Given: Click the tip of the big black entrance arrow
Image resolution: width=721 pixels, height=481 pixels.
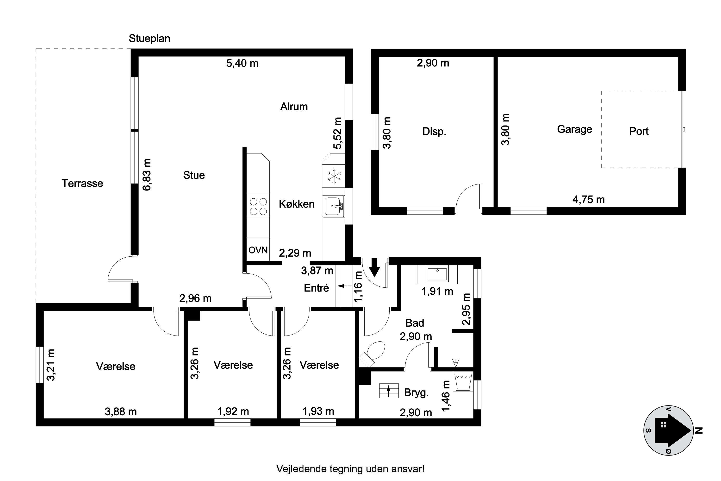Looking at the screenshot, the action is (x=374, y=277).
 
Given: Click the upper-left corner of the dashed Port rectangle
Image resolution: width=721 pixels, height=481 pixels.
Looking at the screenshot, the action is (x=602, y=91).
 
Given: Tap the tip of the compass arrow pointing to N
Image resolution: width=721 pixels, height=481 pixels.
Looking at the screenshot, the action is (x=692, y=431).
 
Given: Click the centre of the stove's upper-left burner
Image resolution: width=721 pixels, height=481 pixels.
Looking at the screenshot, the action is (x=254, y=202).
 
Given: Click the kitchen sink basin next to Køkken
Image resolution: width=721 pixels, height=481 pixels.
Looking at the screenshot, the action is (x=333, y=206).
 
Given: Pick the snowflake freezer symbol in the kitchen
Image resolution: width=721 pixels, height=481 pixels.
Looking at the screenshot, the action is (x=334, y=176).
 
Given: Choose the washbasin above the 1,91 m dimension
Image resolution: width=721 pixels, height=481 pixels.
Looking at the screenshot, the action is (x=437, y=274).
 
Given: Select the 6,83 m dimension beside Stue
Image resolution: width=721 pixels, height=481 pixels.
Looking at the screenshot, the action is (x=147, y=175).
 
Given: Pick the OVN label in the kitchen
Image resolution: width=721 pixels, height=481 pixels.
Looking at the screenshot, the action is (x=258, y=250).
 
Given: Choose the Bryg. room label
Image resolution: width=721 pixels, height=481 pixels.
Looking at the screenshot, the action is (x=416, y=393).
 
